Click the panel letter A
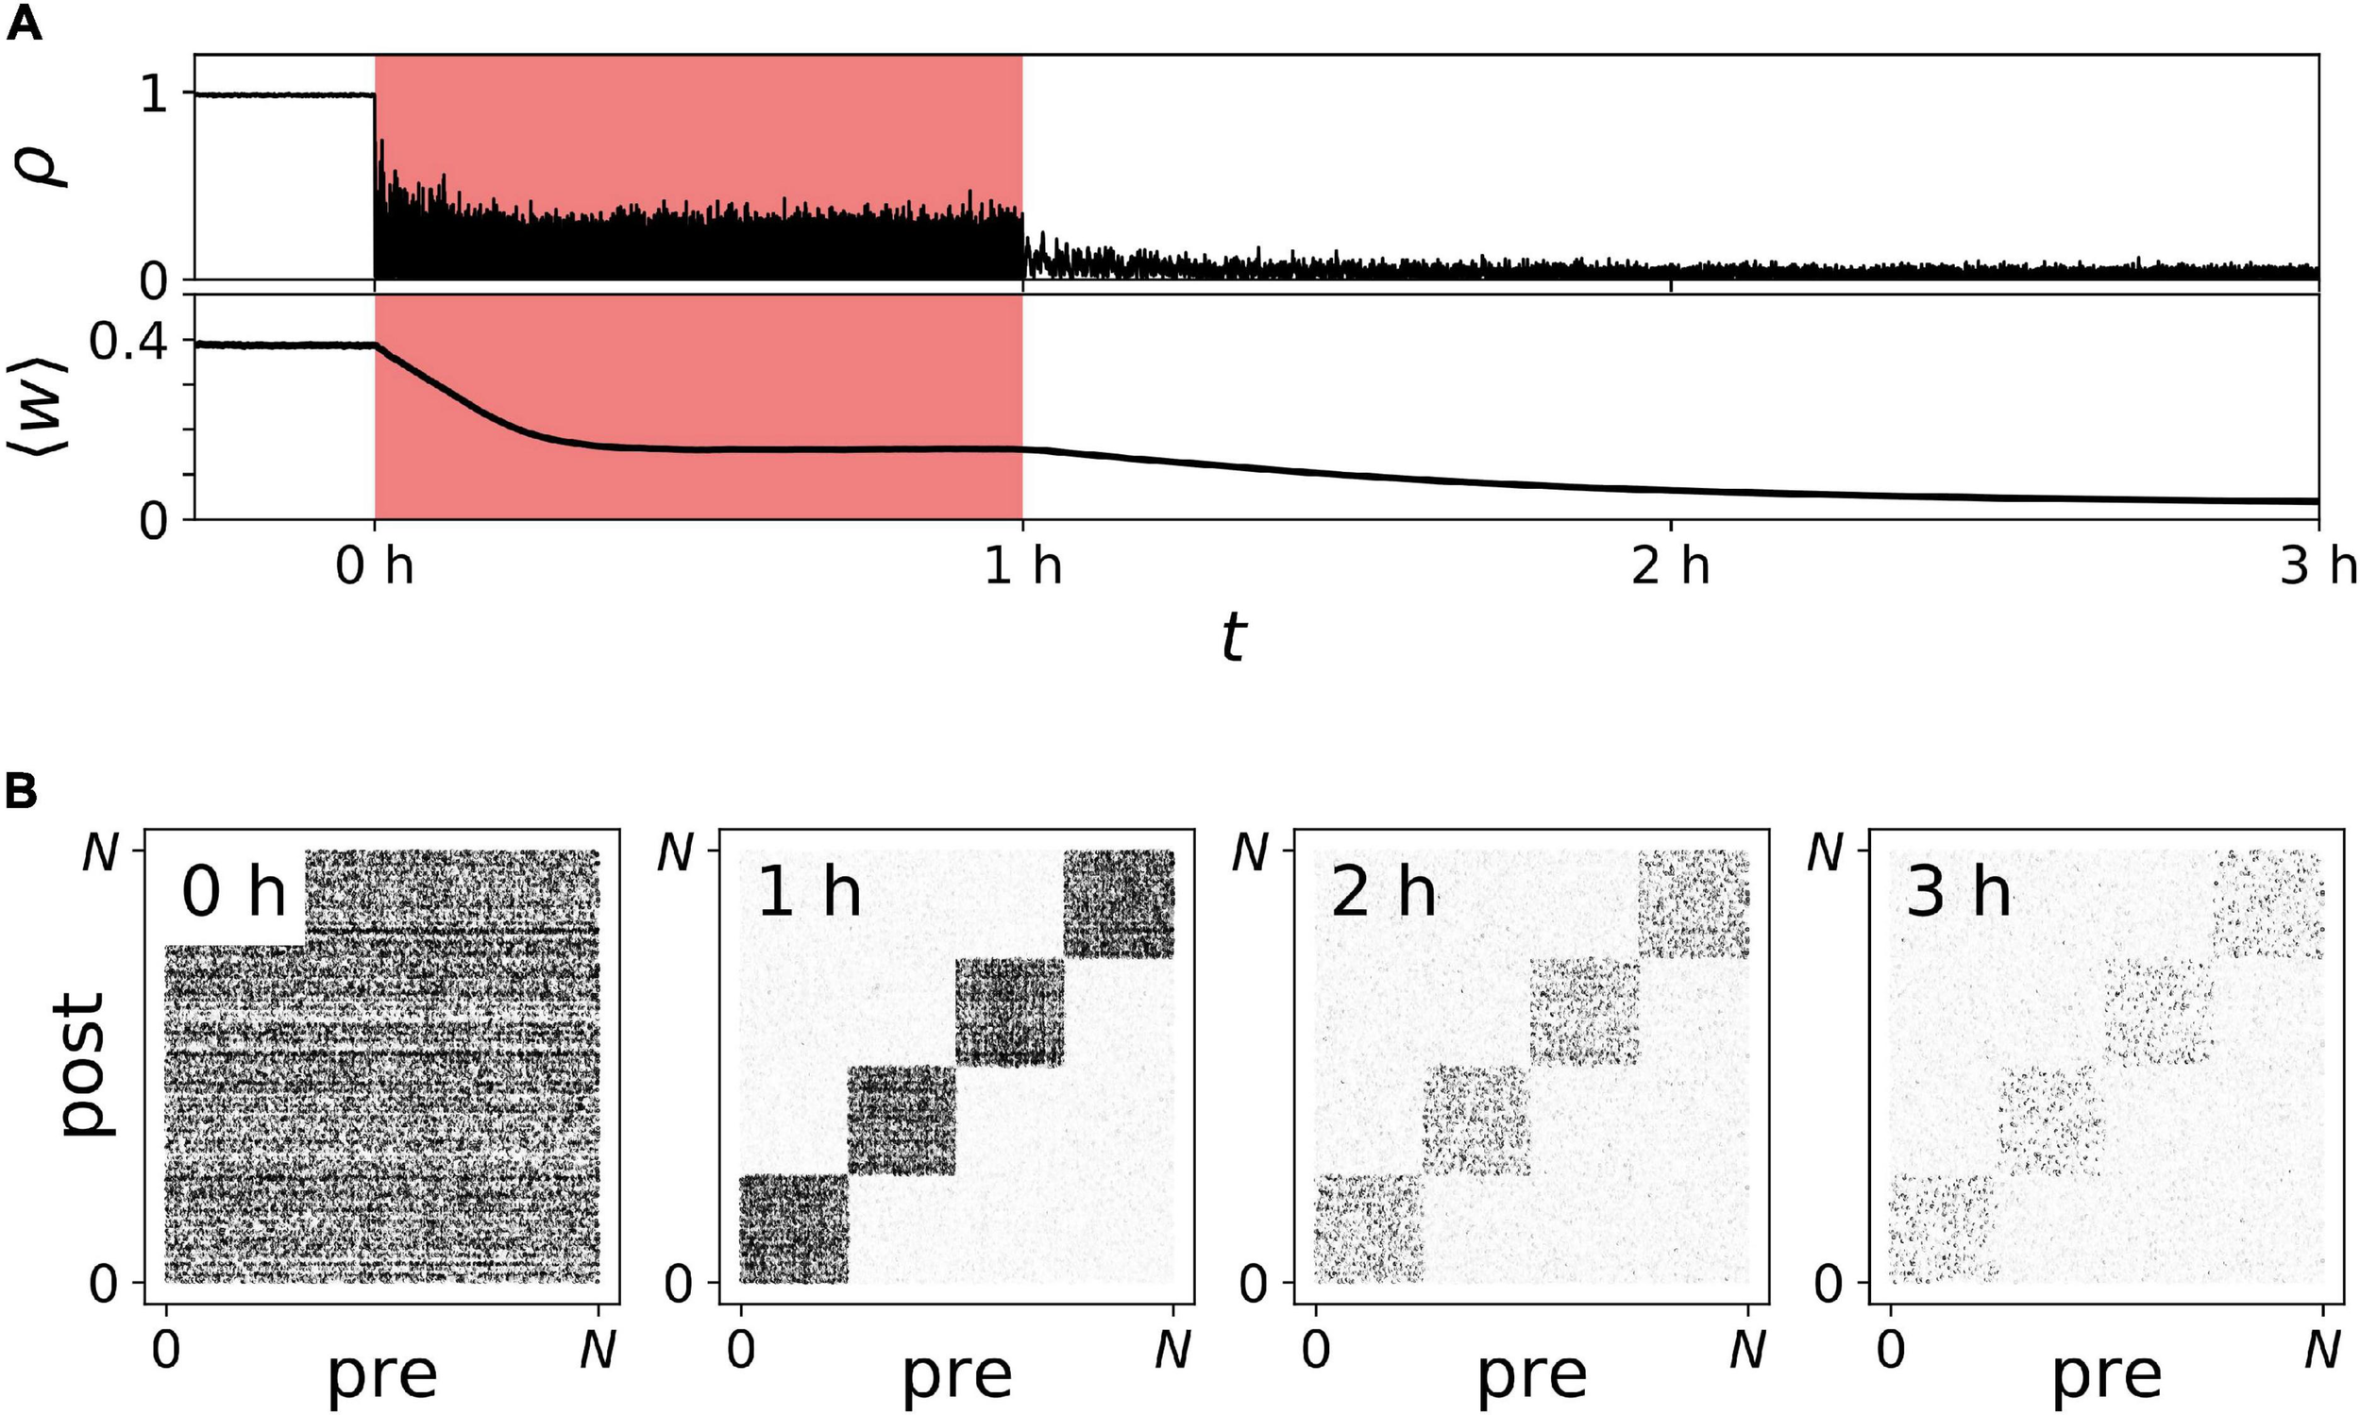coord(24,23)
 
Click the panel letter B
coord(22,790)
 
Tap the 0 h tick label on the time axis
coord(374,567)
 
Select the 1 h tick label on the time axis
coord(1022,567)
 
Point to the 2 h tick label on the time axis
coord(1671,567)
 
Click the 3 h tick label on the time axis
coord(2318,567)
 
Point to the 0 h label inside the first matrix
coord(233,893)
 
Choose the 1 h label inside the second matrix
coord(809,893)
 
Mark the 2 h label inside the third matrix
coord(1383,893)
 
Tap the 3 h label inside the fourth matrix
coord(1958,893)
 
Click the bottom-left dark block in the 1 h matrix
coord(794,1228)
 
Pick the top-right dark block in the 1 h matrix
coord(1119,903)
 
